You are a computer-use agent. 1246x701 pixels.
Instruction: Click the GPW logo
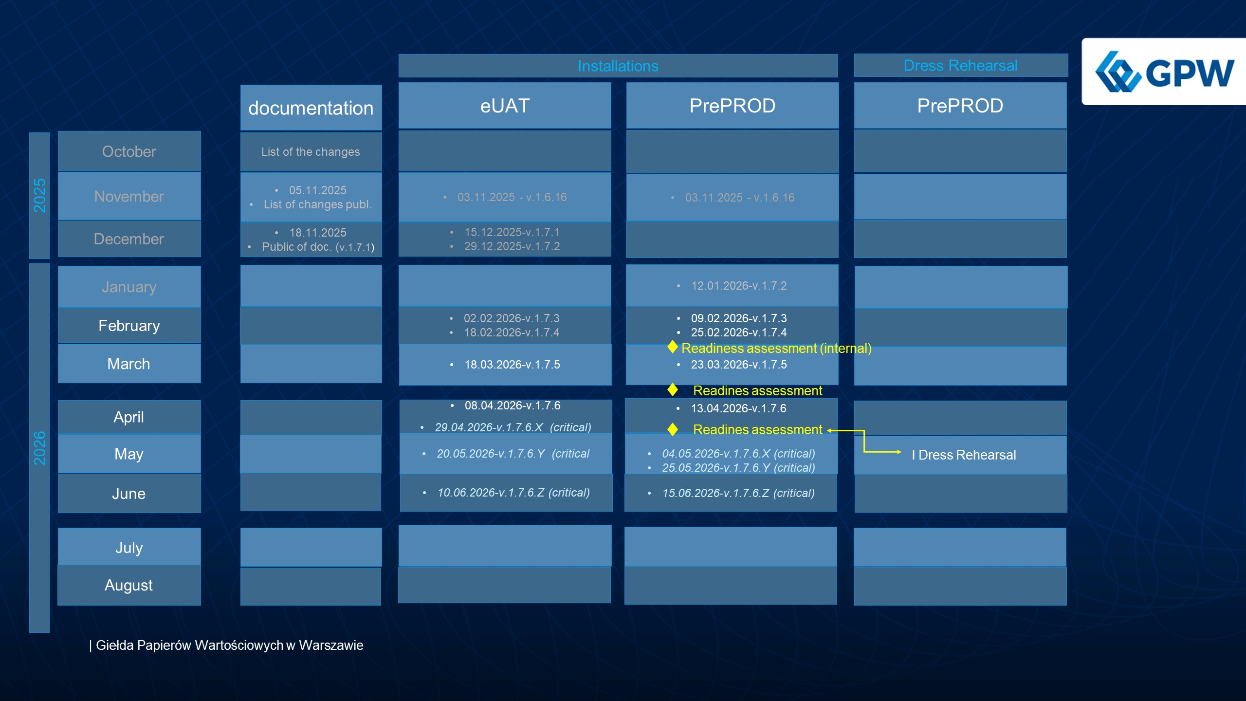(x=1164, y=72)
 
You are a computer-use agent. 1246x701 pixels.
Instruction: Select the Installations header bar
(x=618, y=66)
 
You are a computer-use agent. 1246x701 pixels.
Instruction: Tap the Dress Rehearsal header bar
(x=960, y=65)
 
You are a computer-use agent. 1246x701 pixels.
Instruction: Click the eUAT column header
(x=505, y=106)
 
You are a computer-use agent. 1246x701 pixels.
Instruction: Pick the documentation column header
(x=311, y=108)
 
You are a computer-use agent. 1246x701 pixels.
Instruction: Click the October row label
(x=129, y=151)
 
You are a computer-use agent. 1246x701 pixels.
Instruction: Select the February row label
(x=129, y=325)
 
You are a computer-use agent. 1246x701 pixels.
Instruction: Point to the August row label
(x=129, y=585)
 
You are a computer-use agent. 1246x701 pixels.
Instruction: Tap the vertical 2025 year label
(x=39, y=195)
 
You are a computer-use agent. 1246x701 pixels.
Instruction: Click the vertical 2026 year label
(x=39, y=447)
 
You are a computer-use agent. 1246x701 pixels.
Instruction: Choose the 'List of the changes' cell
(x=311, y=152)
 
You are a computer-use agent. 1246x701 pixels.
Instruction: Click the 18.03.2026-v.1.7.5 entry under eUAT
(x=512, y=365)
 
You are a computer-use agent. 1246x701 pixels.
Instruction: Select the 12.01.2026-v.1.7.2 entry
(x=738, y=286)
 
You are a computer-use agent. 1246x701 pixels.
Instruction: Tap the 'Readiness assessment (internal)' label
(x=776, y=349)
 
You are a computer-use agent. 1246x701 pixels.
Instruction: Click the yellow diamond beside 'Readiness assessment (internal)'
(x=673, y=347)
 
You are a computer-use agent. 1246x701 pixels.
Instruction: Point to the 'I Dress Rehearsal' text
(x=964, y=455)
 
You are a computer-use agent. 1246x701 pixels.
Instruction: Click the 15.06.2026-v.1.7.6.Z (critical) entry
(x=738, y=493)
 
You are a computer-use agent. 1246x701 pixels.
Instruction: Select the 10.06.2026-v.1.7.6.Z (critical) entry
(x=513, y=493)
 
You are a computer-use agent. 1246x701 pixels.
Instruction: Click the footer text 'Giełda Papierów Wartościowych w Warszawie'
(x=229, y=645)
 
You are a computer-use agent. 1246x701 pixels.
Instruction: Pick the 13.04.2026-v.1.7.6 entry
(x=738, y=408)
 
